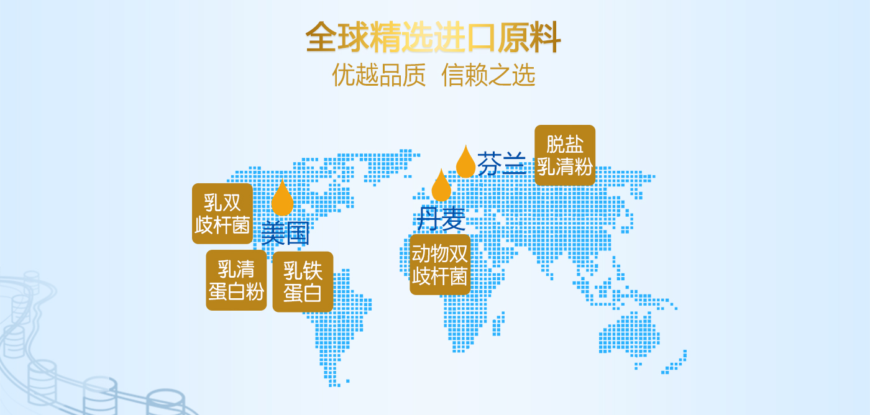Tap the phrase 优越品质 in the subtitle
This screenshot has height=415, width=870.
(379, 75)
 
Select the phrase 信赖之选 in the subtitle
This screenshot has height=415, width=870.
(488, 75)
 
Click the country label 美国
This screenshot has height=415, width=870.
(285, 233)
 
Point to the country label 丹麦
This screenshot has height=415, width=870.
(441, 219)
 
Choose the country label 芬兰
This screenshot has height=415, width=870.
(501, 164)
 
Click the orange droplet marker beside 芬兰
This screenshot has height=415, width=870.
(465, 162)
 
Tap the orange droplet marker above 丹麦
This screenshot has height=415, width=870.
(441, 185)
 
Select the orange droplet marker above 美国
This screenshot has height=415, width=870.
(282, 198)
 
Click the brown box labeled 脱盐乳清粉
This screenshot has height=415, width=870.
(565, 155)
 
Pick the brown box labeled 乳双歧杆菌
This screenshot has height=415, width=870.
(222, 214)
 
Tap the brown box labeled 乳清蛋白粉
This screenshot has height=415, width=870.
(236, 280)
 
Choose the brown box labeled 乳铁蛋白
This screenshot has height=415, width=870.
(303, 282)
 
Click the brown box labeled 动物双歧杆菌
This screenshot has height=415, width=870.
(440, 265)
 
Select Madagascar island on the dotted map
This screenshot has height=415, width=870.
(498, 323)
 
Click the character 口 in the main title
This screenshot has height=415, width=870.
(482, 38)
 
